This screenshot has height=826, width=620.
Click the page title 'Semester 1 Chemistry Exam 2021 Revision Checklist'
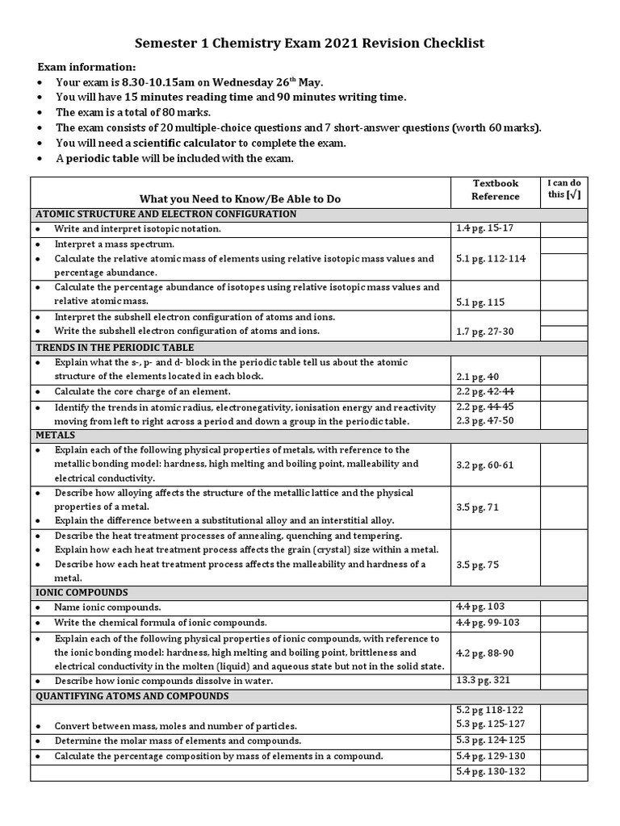[309, 43]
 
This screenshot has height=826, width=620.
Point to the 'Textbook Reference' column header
[495, 190]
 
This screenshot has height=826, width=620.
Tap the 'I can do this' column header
[563, 189]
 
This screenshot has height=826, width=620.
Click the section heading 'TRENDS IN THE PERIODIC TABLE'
[114, 347]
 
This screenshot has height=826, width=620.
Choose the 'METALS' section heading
[55, 434]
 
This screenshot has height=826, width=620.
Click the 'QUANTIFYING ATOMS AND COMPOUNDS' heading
[132, 695]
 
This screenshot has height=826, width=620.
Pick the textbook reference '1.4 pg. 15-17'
[484, 229]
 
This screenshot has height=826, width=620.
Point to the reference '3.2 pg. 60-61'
[484, 465]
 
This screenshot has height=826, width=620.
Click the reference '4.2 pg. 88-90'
[484, 653]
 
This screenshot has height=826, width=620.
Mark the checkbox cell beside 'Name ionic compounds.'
[563, 607]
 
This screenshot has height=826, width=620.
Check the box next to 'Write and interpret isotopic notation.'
[563, 229]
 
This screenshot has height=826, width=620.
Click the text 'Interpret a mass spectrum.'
[115, 244]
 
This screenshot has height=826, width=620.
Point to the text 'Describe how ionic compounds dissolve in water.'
[164, 681]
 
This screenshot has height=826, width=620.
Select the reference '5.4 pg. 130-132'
[490, 772]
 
